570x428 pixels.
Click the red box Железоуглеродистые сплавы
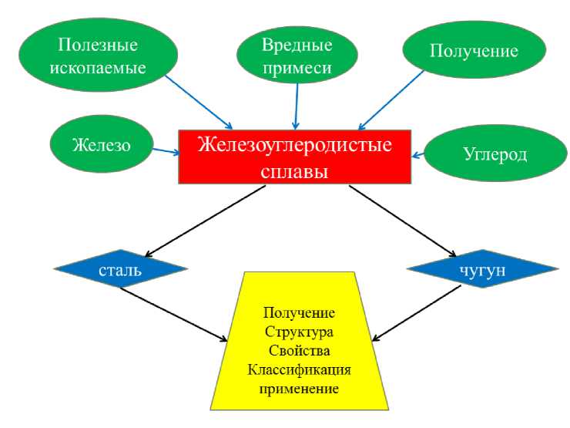[x=296, y=157]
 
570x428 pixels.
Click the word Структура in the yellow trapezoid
[x=299, y=332]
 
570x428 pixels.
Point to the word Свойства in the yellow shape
[x=299, y=351]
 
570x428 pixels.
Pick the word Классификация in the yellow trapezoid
[x=299, y=370]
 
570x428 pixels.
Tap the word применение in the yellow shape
[x=299, y=389]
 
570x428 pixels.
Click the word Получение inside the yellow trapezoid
[x=299, y=314]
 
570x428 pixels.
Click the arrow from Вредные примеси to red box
[x=296, y=105]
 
